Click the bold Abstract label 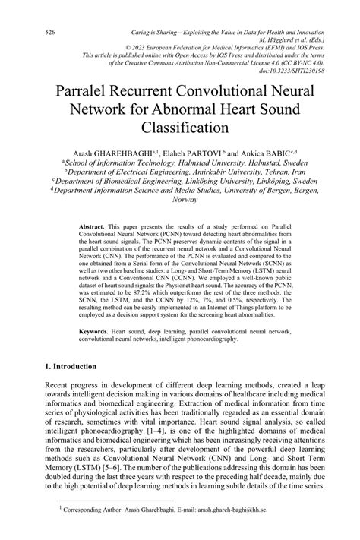coord(92,227)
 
